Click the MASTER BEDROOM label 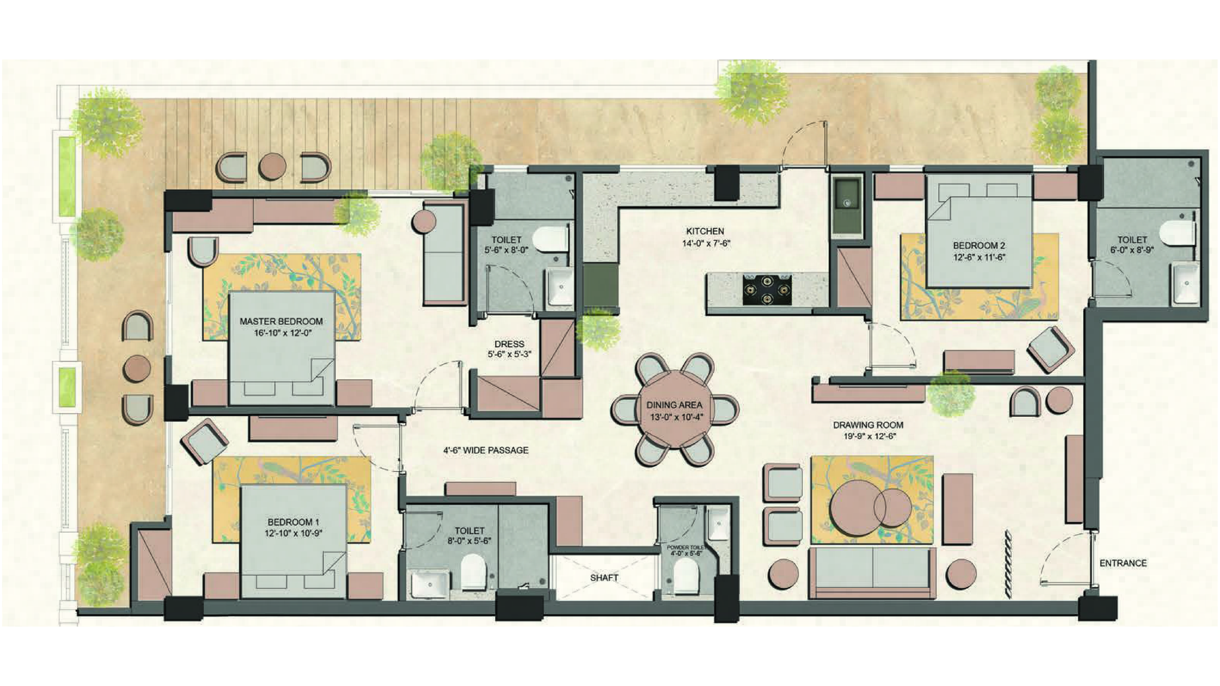pyautogui.click(x=281, y=321)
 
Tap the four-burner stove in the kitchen pyautogui.click(x=767, y=289)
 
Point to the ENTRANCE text pyautogui.click(x=1123, y=563)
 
